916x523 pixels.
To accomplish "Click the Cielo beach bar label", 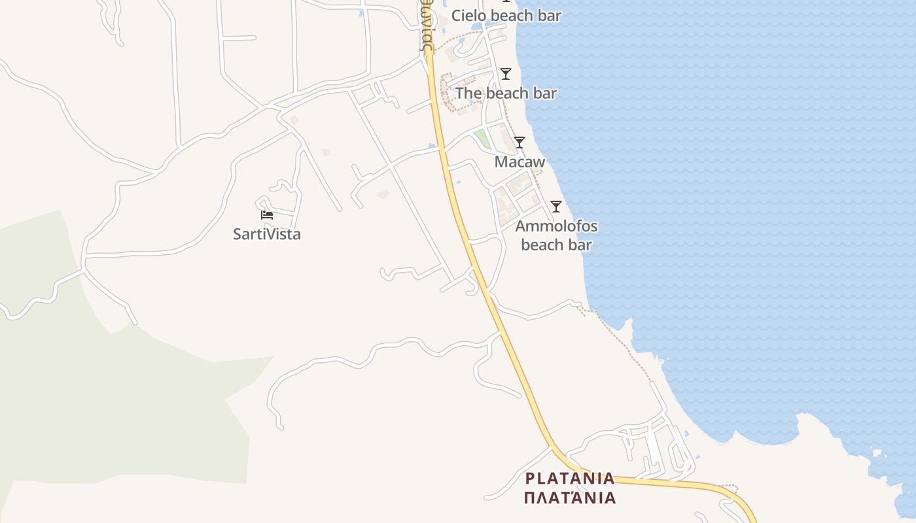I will point(506,16).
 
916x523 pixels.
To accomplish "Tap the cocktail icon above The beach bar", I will point(505,74).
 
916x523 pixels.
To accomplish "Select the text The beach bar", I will point(506,93).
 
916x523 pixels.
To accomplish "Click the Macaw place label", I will point(520,161).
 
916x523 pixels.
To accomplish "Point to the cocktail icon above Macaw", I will point(520,143).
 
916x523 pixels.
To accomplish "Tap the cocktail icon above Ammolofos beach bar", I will point(556,207).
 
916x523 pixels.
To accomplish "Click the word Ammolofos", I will point(556,227).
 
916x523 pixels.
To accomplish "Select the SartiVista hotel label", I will point(267,234).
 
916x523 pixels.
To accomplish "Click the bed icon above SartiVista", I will point(267,215).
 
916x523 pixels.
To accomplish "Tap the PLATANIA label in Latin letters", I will point(570,478).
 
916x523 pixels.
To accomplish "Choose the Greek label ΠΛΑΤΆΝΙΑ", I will point(570,498).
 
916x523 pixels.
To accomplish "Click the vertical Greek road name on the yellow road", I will point(426,26).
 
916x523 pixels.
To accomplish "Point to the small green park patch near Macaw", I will point(482,138).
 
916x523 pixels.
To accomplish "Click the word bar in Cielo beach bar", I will point(548,16).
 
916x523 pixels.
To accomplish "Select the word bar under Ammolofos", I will point(580,245).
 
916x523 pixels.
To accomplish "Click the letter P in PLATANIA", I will point(529,478).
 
